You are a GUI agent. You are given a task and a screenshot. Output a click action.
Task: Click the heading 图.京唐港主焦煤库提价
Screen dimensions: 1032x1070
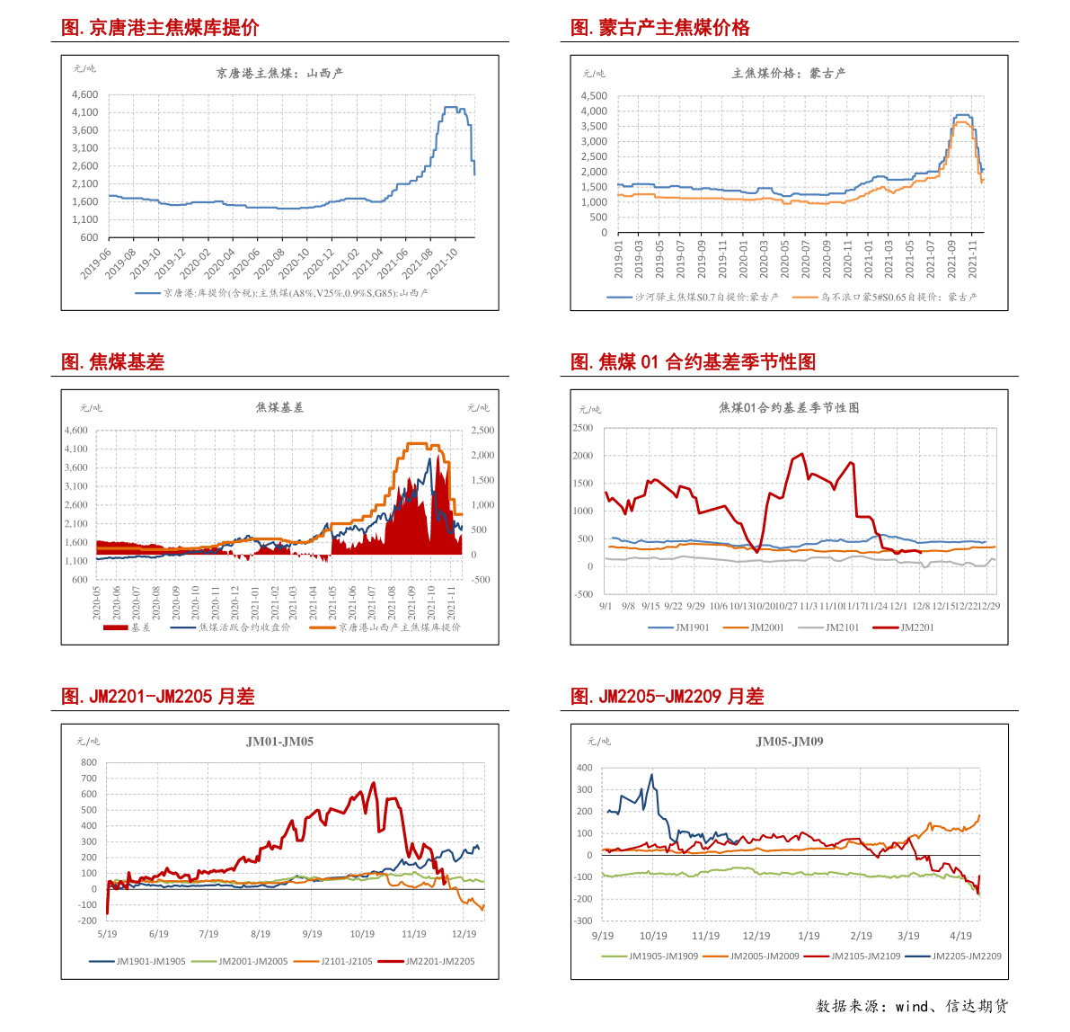click(x=160, y=28)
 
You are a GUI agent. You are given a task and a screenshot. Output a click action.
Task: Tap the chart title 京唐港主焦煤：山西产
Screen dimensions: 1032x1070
click(x=279, y=74)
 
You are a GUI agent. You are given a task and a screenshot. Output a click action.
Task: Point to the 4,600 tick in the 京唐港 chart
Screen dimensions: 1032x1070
click(x=84, y=94)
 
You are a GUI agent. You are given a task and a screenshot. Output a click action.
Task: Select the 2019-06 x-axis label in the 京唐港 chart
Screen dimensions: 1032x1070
click(x=95, y=264)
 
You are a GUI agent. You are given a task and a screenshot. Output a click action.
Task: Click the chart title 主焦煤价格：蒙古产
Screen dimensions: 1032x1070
click(x=789, y=74)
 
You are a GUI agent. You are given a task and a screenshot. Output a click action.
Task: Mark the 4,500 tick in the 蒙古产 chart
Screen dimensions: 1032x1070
click(x=594, y=96)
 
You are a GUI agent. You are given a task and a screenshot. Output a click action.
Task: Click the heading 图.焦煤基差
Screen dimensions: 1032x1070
click(x=113, y=362)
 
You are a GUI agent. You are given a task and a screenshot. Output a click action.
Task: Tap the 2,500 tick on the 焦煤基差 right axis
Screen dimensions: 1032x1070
click(x=482, y=431)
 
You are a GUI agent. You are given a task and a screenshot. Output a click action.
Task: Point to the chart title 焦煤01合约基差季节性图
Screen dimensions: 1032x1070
click(x=789, y=408)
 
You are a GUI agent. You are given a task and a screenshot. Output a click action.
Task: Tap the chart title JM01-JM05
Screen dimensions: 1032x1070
click(x=279, y=742)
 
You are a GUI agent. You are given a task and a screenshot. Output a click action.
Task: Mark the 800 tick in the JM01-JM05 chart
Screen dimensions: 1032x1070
click(x=88, y=762)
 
